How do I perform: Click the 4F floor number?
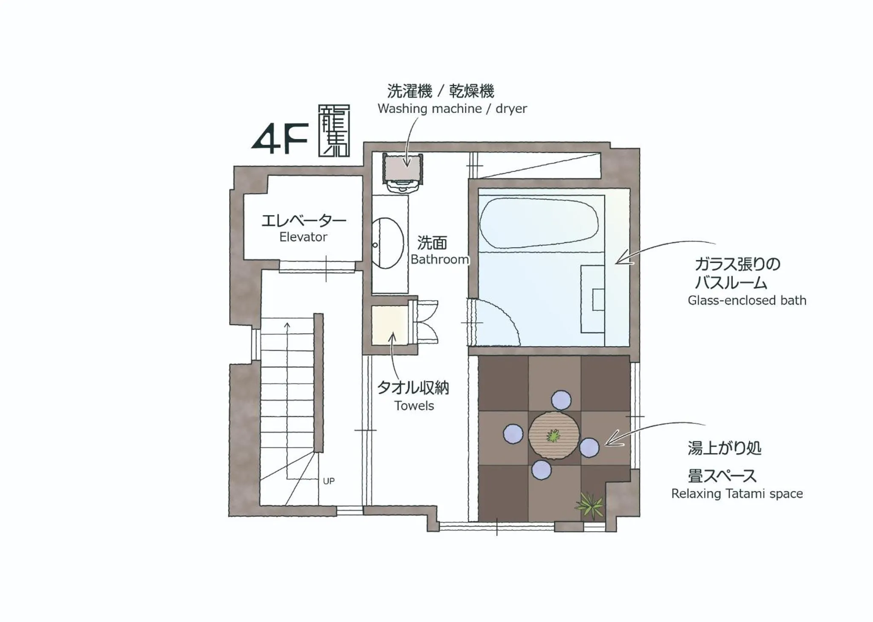280,139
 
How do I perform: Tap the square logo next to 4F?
334,130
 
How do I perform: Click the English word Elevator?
303,237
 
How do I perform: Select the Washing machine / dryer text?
452,109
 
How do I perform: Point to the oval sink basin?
387,243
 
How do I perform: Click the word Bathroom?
440,259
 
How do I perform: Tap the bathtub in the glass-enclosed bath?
538,223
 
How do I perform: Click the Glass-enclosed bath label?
746,300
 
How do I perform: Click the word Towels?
414,405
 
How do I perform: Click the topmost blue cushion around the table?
561,401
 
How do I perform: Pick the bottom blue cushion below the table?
541,470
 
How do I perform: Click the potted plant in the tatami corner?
591,506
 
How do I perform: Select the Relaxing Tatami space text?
737,494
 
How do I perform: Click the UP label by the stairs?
328,481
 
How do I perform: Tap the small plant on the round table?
553,436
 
